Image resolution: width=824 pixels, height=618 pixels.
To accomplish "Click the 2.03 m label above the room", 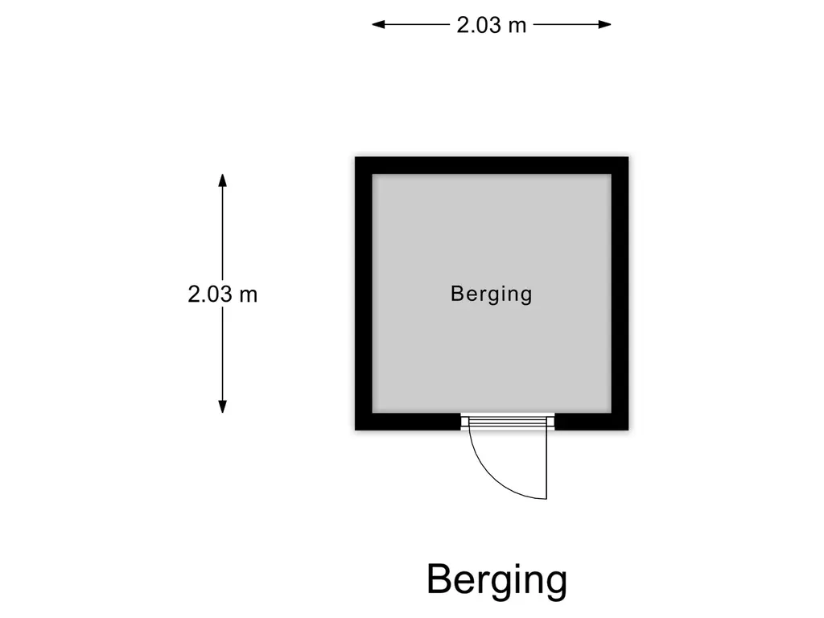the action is [x=491, y=25].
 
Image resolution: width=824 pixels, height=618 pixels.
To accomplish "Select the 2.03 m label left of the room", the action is [x=222, y=294].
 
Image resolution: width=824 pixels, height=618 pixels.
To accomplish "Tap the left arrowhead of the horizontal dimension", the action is [x=378, y=24].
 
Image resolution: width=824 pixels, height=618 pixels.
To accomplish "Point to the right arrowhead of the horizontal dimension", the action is [x=604, y=24].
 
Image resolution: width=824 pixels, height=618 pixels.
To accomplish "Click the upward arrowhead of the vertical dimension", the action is [x=222, y=180].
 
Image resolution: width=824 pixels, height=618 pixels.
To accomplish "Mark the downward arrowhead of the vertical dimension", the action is [x=222, y=406].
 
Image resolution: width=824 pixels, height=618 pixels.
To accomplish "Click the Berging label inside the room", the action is [x=492, y=295].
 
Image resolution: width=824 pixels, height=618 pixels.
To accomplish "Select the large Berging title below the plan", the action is [x=496, y=580].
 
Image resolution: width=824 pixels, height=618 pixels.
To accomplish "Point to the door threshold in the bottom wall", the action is [x=508, y=422].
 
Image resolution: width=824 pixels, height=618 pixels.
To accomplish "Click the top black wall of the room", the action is [x=492, y=165].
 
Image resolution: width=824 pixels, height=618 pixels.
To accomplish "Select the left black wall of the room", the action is [x=364, y=293].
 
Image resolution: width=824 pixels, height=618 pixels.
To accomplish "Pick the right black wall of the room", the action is [x=620, y=293].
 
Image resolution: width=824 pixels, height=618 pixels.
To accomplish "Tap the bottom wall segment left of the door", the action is [x=408, y=422].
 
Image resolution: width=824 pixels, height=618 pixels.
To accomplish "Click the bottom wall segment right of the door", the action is [x=591, y=422].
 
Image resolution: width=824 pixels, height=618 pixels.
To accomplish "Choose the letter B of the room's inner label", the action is [x=457, y=293].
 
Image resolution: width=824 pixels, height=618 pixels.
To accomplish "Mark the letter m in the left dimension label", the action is [x=249, y=296].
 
